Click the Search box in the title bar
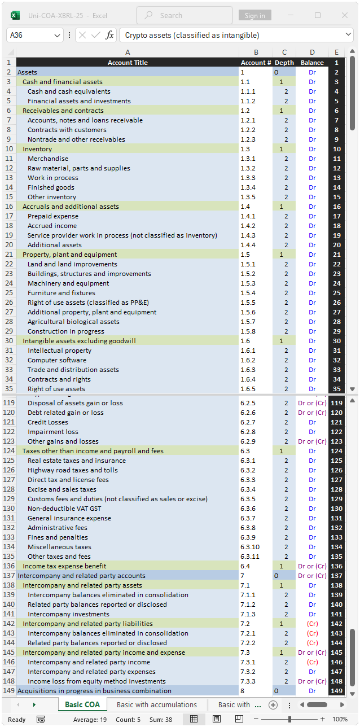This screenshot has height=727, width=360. tap(184, 15)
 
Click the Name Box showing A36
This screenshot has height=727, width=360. tap(35, 35)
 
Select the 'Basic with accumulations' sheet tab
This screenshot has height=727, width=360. tap(157, 704)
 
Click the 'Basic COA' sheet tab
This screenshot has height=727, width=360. tap(82, 704)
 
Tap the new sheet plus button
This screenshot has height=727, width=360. tap(273, 705)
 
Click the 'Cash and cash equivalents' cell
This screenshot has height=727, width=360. tap(69, 91)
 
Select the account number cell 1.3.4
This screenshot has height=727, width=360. tap(248, 187)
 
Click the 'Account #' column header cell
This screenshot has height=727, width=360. tap(256, 63)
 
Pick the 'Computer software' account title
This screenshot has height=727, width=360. tap(57, 360)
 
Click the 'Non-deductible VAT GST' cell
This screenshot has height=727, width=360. tap(64, 509)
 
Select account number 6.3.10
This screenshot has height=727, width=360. tap(250, 547)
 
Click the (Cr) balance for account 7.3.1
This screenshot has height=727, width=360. tap(312, 662)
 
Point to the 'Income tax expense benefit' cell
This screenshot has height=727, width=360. tap(64, 566)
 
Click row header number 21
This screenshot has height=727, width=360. tap(9, 255)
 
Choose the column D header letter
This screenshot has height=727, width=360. tap(312, 52)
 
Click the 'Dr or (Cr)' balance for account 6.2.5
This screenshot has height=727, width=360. tap(312, 403)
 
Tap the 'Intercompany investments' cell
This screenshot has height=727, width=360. tap(68, 614)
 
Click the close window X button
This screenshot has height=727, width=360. tap(344, 15)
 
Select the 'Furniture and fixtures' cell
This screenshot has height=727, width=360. tap(62, 293)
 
